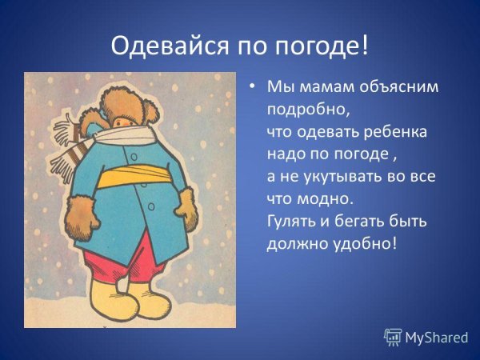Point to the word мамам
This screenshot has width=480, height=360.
(322, 87)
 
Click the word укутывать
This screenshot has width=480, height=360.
(346, 174)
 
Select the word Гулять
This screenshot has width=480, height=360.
(292, 219)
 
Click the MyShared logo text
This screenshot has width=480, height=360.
(436, 338)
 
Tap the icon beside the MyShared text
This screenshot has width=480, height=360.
(393, 337)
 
